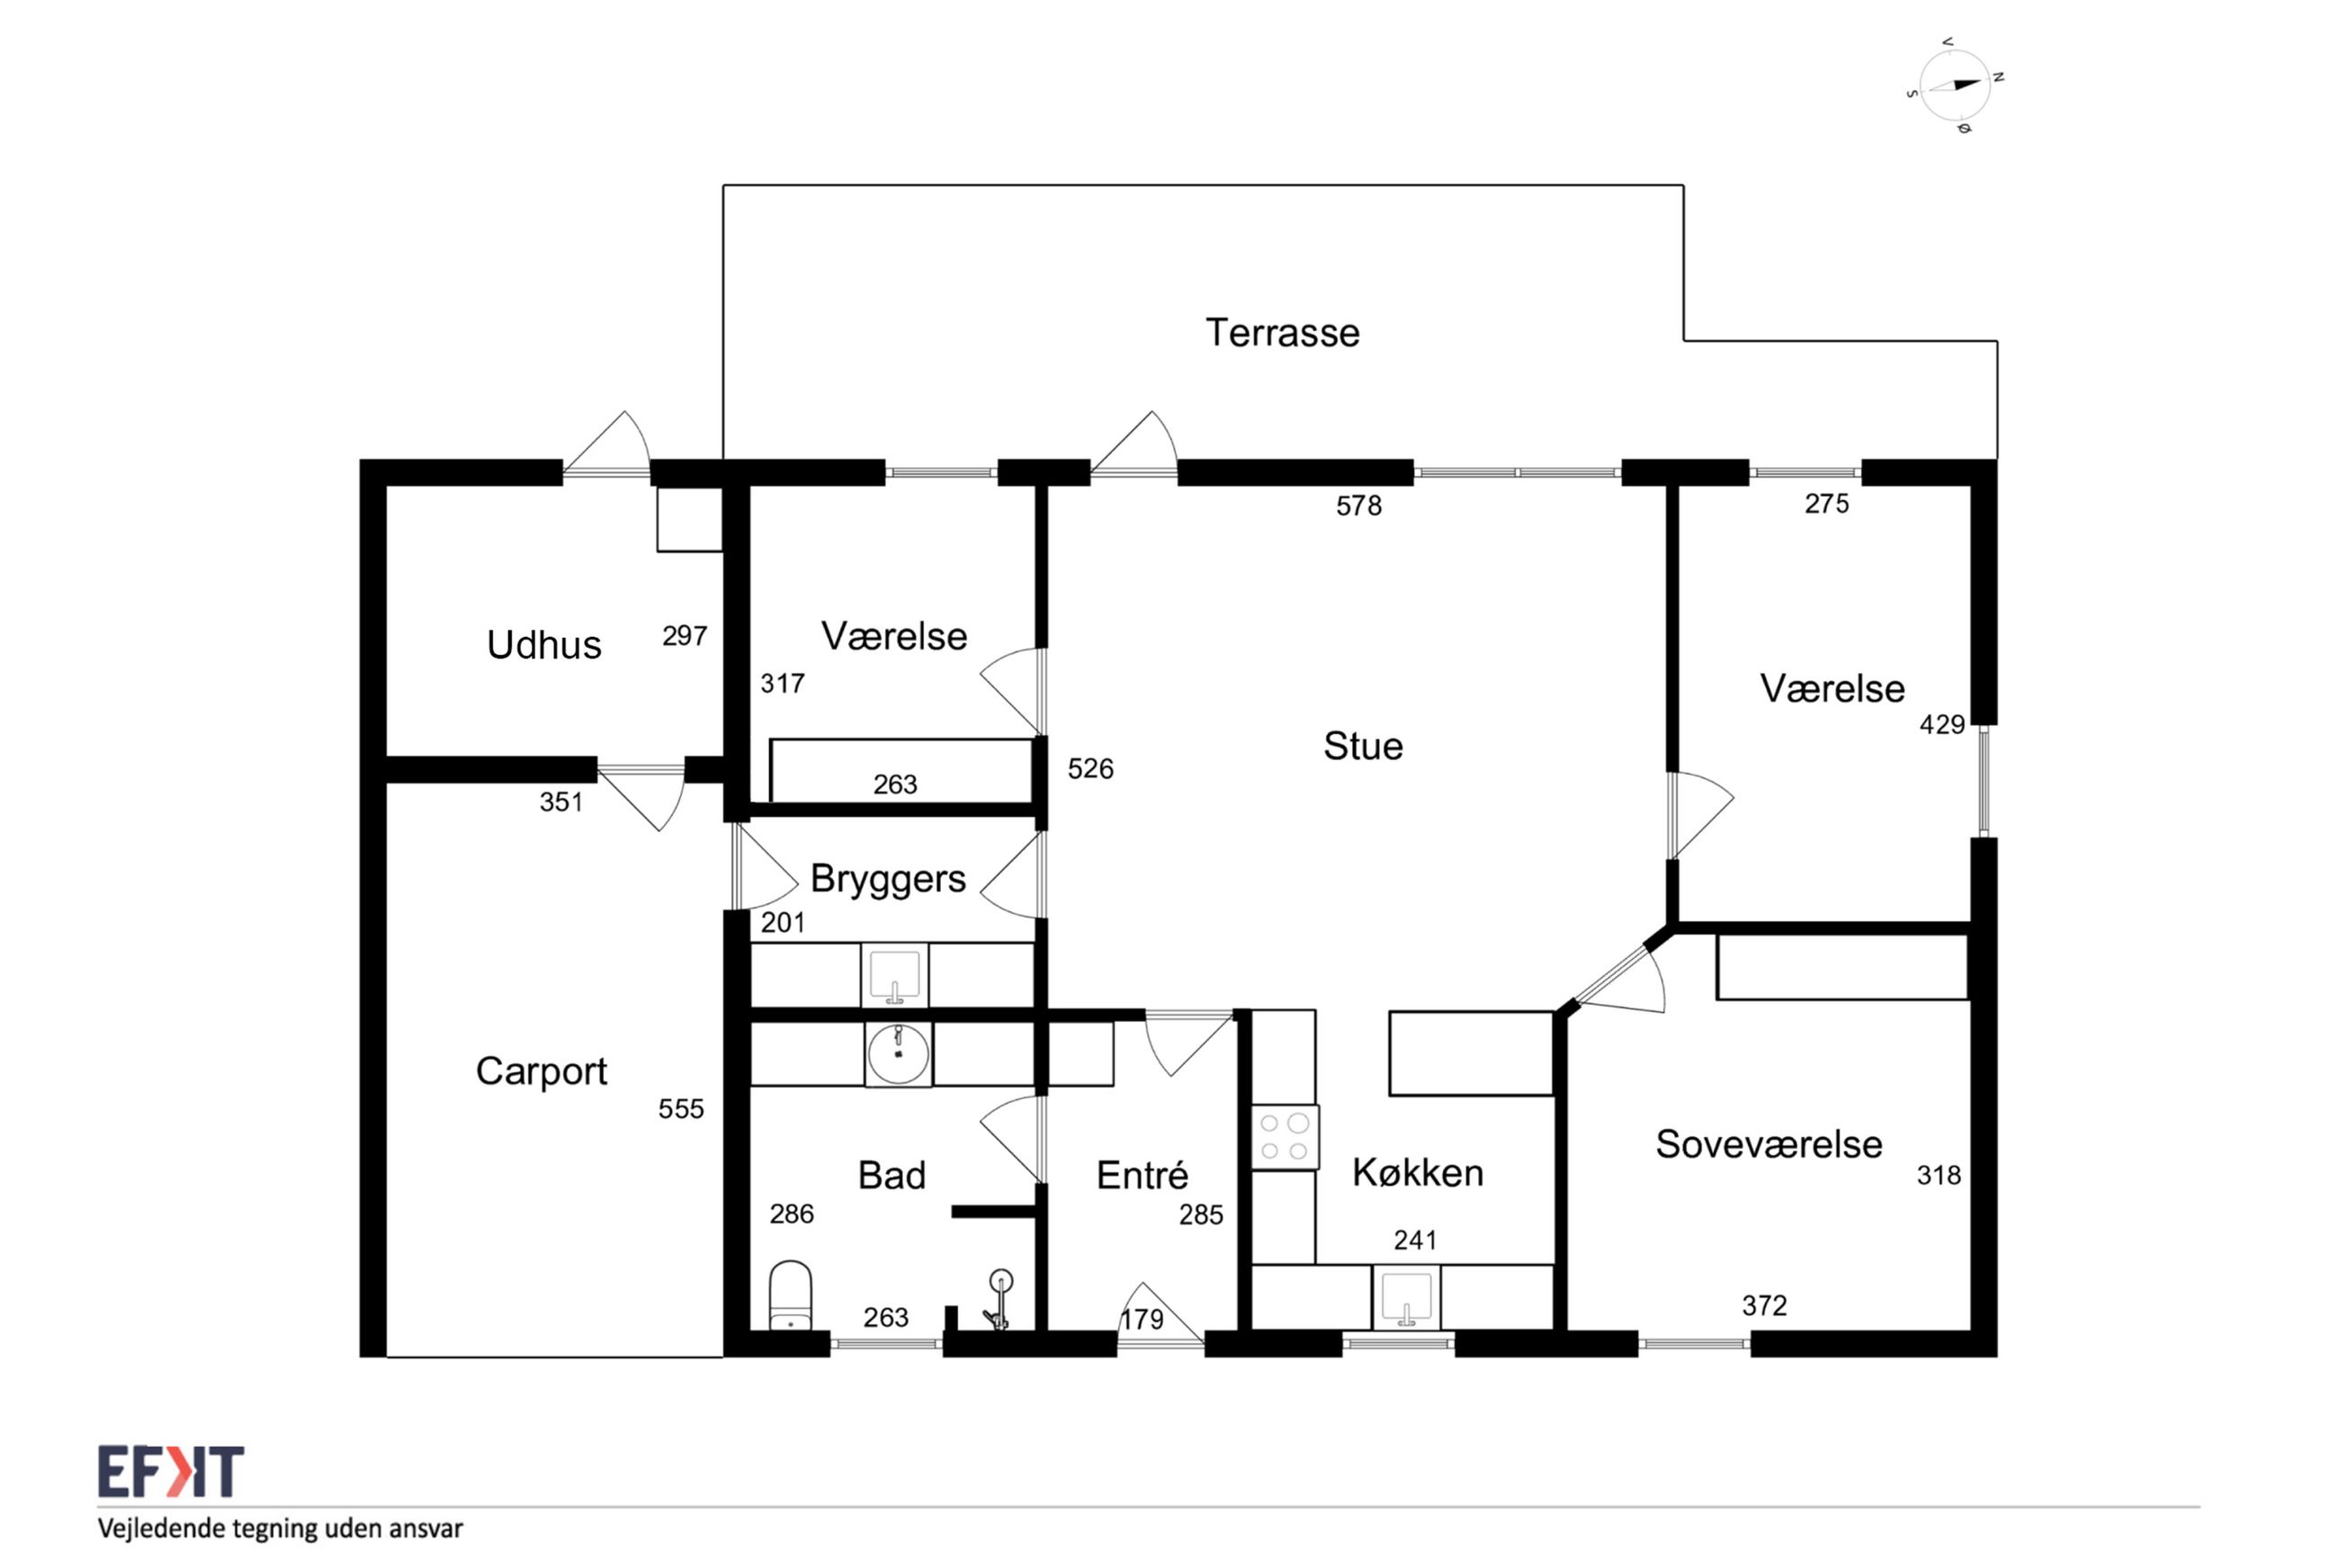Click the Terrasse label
pyautogui.click(x=1282, y=333)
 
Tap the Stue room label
pyautogui.click(x=1363, y=746)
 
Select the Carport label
pyautogui.click(x=541, y=1071)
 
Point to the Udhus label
pyautogui.click(x=543, y=644)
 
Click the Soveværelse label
pyautogui.click(x=1769, y=1144)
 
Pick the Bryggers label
pyautogui.click(x=888, y=879)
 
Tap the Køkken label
pyautogui.click(x=1418, y=1173)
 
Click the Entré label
pyautogui.click(x=1143, y=1175)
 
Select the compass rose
pyautogui.click(x=1955, y=85)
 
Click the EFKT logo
pyautogui.click(x=171, y=1473)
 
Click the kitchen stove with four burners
pyautogui.click(x=1285, y=1137)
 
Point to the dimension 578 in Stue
pyautogui.click(x=1358, y=506)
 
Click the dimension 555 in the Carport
pyautogui.click(x=681, y=1108)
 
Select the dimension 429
pyautogui.click(x=1942, y=725)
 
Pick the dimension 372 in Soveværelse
pyautogui.click(x=1764, y=1305)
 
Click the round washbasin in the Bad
pyautogui.click(x=898, y=1055)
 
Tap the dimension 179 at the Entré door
pyautogui.click(x=1143, y=1320)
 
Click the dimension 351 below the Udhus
pyautogui.click(x=561, y=802)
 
